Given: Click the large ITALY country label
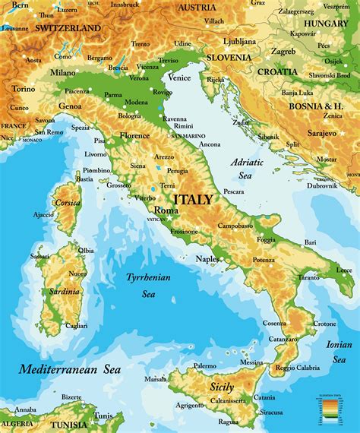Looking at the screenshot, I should tap(194, 199).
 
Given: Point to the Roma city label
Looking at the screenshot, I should tap(166, 210).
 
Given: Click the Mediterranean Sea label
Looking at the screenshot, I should tap(70, 370).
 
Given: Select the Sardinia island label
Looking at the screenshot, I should tap(65, 292).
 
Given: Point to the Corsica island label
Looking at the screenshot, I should tap(68, 203).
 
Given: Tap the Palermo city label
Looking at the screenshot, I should tap(204, 365).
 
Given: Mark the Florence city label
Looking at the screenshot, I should tap(135, 136).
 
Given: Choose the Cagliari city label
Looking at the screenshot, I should tap(76, 325).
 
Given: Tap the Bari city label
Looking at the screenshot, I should tap(310, 242).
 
